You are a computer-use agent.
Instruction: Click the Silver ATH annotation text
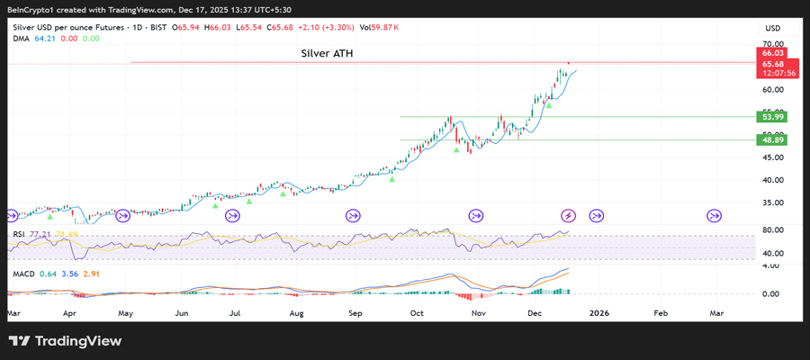pyautogui.click(x=327, y=54)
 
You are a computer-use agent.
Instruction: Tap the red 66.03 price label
pyautogui.click(x=772, y=55)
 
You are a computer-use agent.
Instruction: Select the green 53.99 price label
pyautogui.click(x=772, y=117)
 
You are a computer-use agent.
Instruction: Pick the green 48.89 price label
pyautogui.click(x=772, y=140)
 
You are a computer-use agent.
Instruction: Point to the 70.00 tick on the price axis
pyautogui.click(x=771, y=44)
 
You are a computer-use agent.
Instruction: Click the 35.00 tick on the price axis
pyautogui.click(x=771, y=203)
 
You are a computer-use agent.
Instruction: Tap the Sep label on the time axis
pyautogui.click(x=355, y=314)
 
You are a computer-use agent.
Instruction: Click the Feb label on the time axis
pyautogui.click(x=660, y=314)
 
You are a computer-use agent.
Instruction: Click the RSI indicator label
pyautogui.click(x=18, y=234)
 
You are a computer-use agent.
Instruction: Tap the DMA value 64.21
pyautogui.click(x=45, y=38)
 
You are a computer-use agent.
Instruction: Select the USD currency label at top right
pyautogui.click(x=771, y=28)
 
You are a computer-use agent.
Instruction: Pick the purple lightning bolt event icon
pyautogui.click(x=568, y=215)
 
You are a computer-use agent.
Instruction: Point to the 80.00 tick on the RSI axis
pyautogui.click(x=771, y=230)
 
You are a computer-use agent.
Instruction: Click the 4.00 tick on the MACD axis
pyautogui.click(x=771, y=266)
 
